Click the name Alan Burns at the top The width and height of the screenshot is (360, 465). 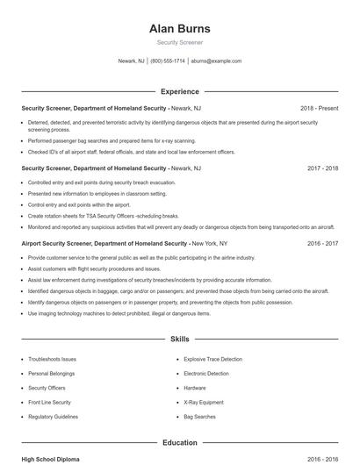click(x=179, y=28)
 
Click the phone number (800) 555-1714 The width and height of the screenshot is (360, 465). click(x=168, y=61)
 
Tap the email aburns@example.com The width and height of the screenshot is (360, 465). click(x=216, y=61)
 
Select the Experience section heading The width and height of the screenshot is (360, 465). click(x=179, y=91)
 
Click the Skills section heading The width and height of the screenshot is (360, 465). click(x=179, y=339)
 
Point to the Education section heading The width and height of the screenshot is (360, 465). click(x=179, y=443)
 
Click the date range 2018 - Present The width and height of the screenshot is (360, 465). click(x=319, y=108)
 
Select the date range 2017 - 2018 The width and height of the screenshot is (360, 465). click(x=322, y=167)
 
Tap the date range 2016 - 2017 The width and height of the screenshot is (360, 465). click(x=322, y=243)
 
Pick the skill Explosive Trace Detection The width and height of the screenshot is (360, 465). click(x=212, y=359)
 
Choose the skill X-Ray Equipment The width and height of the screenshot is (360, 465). click(x=204, y=402)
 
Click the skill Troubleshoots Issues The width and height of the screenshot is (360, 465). click(x=52, y=359)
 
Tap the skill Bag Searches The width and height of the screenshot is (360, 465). click(x=199, y=416)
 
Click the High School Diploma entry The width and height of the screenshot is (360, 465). click(x=50, y=459)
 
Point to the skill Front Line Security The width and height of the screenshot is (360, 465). click(x=49, y=402)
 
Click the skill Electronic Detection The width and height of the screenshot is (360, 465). click(x=206, y=373)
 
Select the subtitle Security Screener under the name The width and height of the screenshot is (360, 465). click(x=179, y=42)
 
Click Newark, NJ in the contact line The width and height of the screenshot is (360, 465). click(x=131, y=61)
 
